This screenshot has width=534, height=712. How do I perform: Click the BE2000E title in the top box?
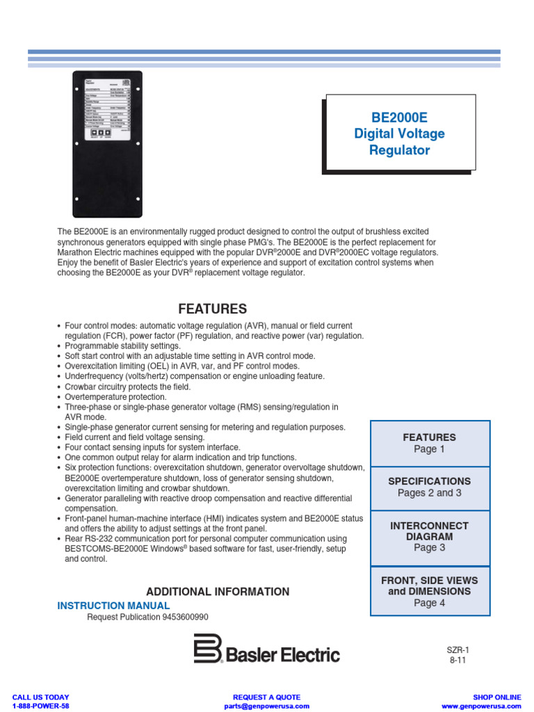coord(399,117)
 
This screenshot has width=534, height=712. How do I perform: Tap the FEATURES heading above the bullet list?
coord(212,309)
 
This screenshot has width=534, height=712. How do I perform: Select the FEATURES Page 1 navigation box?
coord(430,443)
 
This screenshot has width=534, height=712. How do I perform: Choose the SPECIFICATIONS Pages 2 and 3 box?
coord(430,487)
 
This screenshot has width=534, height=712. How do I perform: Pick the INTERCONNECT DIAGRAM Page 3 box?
coord(430,536)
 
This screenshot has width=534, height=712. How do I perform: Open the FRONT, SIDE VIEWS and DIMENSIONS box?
coord(430,591)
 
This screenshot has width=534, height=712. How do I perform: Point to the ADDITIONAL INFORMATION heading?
coord(218,592)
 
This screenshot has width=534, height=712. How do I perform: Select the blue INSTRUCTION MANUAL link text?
coord(113,606)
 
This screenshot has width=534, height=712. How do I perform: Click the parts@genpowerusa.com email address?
coord(266,706)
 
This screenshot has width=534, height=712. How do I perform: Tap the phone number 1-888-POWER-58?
coord(41,706)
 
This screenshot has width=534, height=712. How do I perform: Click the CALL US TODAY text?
coord(41,697)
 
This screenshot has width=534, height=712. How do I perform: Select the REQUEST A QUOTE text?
coord(266,697)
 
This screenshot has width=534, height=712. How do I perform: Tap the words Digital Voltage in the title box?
coord(399,133)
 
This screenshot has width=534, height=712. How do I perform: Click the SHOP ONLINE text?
coord(496,697)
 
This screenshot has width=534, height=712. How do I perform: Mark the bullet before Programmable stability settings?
coord(58,346)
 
